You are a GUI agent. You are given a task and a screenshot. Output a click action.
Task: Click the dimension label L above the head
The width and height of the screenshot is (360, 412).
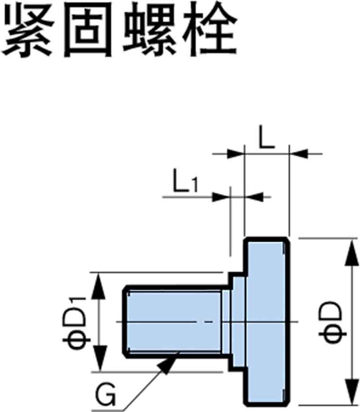pos(266,139)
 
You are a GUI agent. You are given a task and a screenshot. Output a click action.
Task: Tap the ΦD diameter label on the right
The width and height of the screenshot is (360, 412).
pos(332,322)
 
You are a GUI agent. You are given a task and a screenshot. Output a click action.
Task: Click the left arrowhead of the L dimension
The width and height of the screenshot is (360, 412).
pos(235,154)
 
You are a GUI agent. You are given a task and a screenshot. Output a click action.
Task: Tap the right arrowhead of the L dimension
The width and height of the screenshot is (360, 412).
pos(298,154)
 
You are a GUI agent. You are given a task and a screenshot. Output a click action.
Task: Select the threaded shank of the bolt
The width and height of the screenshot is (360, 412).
pos(173,321)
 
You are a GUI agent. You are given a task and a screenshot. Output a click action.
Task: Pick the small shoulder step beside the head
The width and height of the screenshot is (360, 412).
pos(238,321)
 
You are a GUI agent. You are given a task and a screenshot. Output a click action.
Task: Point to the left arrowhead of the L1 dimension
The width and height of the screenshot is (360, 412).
pos(220,197)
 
